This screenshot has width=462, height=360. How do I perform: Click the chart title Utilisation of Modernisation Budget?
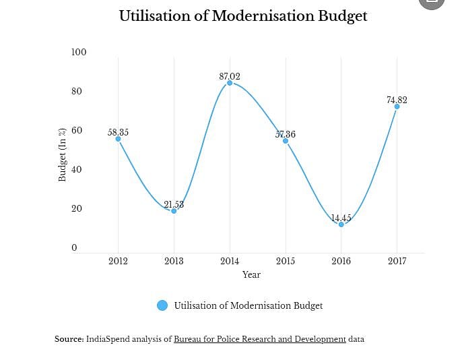(x=243, y=16)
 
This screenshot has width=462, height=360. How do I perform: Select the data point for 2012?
(x=118, y=139)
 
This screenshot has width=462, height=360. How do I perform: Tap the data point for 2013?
(x=174, y=211)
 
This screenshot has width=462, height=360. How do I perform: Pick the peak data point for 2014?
(x=230, y=83)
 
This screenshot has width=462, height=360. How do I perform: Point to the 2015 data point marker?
(x=286, y=141)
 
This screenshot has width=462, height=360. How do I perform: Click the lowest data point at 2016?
(x=341, y=224)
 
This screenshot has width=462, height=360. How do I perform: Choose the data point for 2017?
(x=397, y=107)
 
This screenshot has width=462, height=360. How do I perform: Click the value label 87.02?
(x=230, y=76)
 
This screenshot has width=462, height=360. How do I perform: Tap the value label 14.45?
(x=341, y=218)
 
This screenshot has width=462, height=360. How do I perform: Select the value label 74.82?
(x=397, y=100)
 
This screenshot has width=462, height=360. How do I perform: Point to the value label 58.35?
(x=118, y=132)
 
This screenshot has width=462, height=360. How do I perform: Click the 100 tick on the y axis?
(x=79, y=53)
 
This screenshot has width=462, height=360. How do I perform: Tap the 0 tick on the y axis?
(x=74, y=248)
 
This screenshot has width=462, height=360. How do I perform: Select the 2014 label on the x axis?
(x=230, y=261)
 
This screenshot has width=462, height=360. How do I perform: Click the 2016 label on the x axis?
(x=341, y=261)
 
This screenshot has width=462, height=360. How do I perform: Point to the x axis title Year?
(x=251, y=274)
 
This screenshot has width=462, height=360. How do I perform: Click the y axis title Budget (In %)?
(x=62, y=154)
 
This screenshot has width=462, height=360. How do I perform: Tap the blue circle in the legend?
(x=162, y=305)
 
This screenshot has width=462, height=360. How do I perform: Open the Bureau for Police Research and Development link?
(x=259, y=339)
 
